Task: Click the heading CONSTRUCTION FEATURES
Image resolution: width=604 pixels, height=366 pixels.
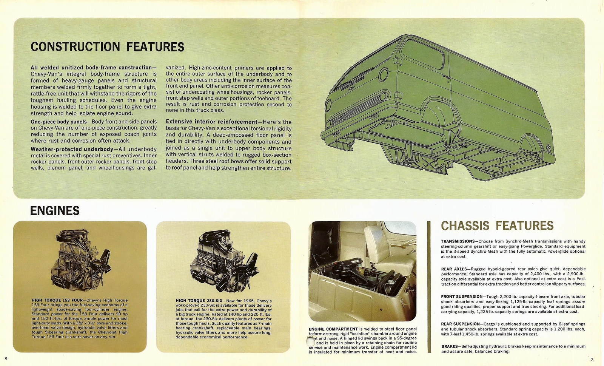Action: click(107, 47)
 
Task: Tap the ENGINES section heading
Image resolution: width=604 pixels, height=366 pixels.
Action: click(55, 210)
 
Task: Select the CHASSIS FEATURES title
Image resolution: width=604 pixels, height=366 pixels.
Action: click(497, 226)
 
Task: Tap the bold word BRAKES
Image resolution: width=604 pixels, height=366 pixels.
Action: click(449, 346)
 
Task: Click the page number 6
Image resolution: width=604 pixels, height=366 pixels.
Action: click(6, 358)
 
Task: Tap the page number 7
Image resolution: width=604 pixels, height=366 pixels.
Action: click(592, 359)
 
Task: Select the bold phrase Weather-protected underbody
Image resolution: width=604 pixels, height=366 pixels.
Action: click(72, 149)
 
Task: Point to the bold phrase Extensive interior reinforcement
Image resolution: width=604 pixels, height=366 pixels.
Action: click(211, 122)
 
